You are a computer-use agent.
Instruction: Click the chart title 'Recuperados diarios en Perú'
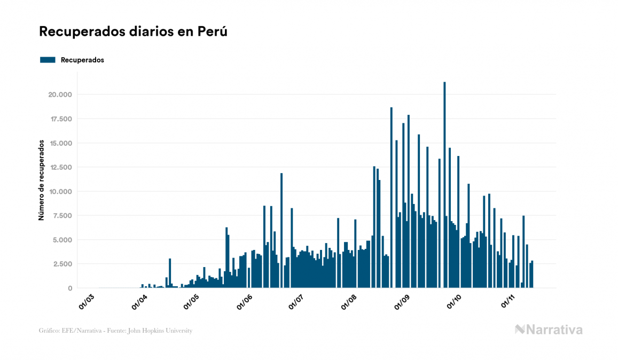pyautogui.click(x=133, y=32)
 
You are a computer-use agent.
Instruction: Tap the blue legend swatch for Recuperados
pyautogui.click(x=48, y=60)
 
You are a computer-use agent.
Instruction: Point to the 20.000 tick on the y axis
pyautogui.click(x=60, y=95)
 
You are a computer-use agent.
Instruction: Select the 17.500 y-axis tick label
pyautogui.click(x=60, y=119)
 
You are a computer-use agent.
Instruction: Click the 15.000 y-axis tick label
pyautogui.click(x=60, y=143)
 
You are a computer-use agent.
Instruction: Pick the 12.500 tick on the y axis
pyautogui.click(x=60, y=167)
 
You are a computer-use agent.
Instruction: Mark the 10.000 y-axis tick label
pyautogui.click(x=60, y=192)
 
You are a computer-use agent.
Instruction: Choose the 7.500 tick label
pyautogui.click(x=62, y=216)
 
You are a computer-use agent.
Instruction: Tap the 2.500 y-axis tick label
pyautogui.click(x=62, y=264)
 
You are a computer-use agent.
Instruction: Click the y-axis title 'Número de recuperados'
pyautogui.click(x=41, y=181)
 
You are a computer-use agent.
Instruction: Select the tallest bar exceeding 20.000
pyautogui.click(x=444, y=184)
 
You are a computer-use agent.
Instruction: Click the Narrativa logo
pyautogui.click(x=549, y=330)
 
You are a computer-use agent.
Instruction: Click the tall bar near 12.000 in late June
pyautogui.click(x=281, y=230)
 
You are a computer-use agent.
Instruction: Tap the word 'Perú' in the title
pyautogui.click(x=213, y=32)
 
